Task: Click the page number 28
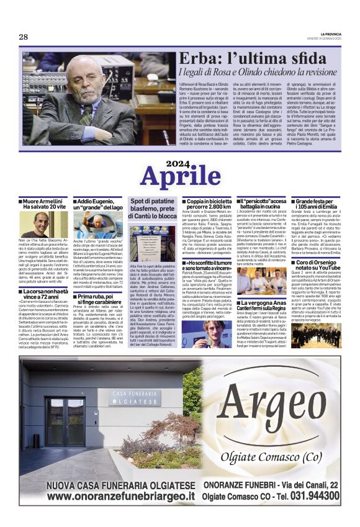pos(23,37)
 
